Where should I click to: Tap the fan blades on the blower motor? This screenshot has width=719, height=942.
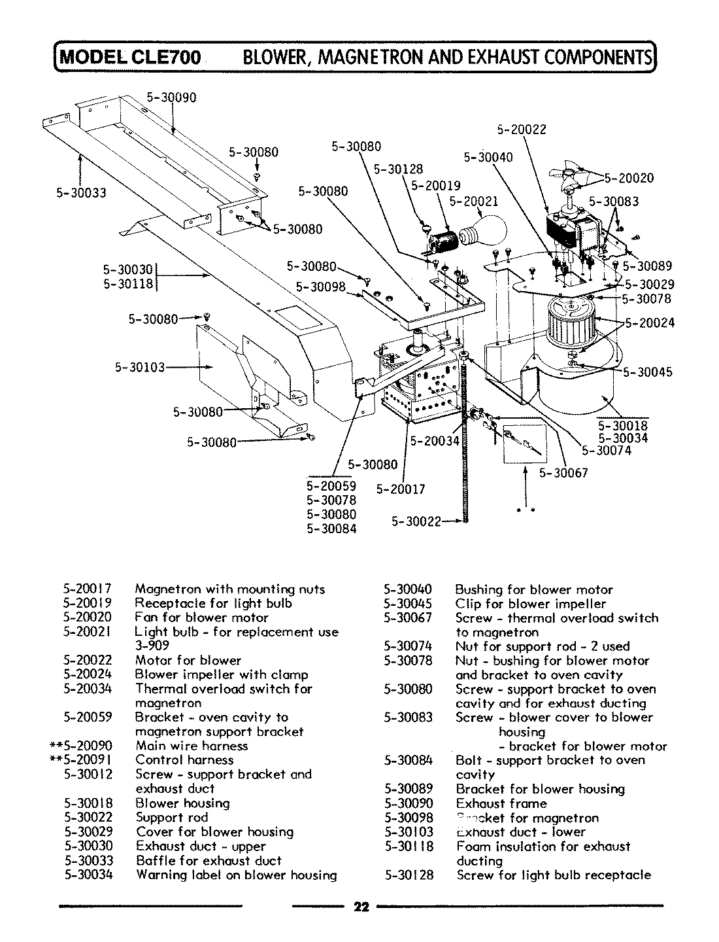click(x=567, y=175)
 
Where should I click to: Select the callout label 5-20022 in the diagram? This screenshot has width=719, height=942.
click(x=522, y=130)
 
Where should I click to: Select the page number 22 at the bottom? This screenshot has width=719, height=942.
click(x=361, y=907)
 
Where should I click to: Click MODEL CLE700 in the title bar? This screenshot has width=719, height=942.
click(x=131, y=57)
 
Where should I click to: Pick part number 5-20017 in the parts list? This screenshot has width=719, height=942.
click(x=88, y=589)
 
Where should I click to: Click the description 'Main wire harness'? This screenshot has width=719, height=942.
click(x=192, y=746)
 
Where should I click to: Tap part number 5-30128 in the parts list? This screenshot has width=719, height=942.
click(x=409, y=875)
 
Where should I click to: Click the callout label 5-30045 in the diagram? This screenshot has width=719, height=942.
click(x=647, y=372)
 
